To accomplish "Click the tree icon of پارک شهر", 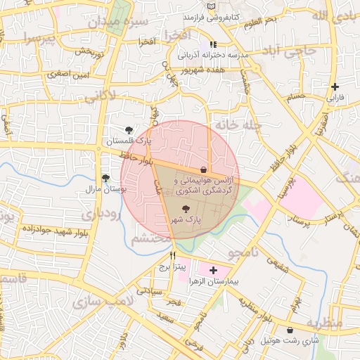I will point(186,209).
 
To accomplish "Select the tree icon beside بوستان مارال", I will point(105,178).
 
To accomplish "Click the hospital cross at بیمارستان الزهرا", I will point(213,270).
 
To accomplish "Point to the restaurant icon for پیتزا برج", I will point(173,256).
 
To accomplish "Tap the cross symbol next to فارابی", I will point(335,86).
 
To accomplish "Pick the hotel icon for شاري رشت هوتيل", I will point(290,330).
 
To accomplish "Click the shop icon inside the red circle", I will point(204,169).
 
